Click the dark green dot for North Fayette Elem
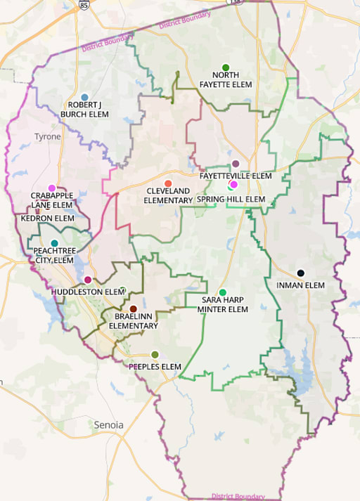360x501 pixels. pos(226,67)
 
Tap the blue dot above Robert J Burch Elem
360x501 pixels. pos(85,97)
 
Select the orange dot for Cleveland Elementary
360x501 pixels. pos(168,183)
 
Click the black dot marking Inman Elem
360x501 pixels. pos(300,273)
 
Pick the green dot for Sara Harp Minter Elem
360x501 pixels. pos(223,292)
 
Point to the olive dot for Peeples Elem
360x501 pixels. pos(155,354)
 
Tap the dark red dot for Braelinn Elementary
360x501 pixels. pos(133,309)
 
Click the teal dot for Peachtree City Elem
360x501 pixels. pos(54,243)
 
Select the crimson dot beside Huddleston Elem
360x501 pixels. pos(87,280)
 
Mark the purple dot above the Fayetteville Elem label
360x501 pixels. pos(236,163)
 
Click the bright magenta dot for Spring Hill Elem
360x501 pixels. pos(234,185)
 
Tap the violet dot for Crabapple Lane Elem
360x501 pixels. pos(51,188)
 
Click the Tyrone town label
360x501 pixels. pos(48,136)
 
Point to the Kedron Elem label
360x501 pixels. pos(47,219)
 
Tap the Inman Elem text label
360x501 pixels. pos(300,285)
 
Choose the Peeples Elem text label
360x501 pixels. pos(155,367)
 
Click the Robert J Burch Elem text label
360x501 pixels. pos(84,109)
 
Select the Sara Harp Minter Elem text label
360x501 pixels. pos(223,304)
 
